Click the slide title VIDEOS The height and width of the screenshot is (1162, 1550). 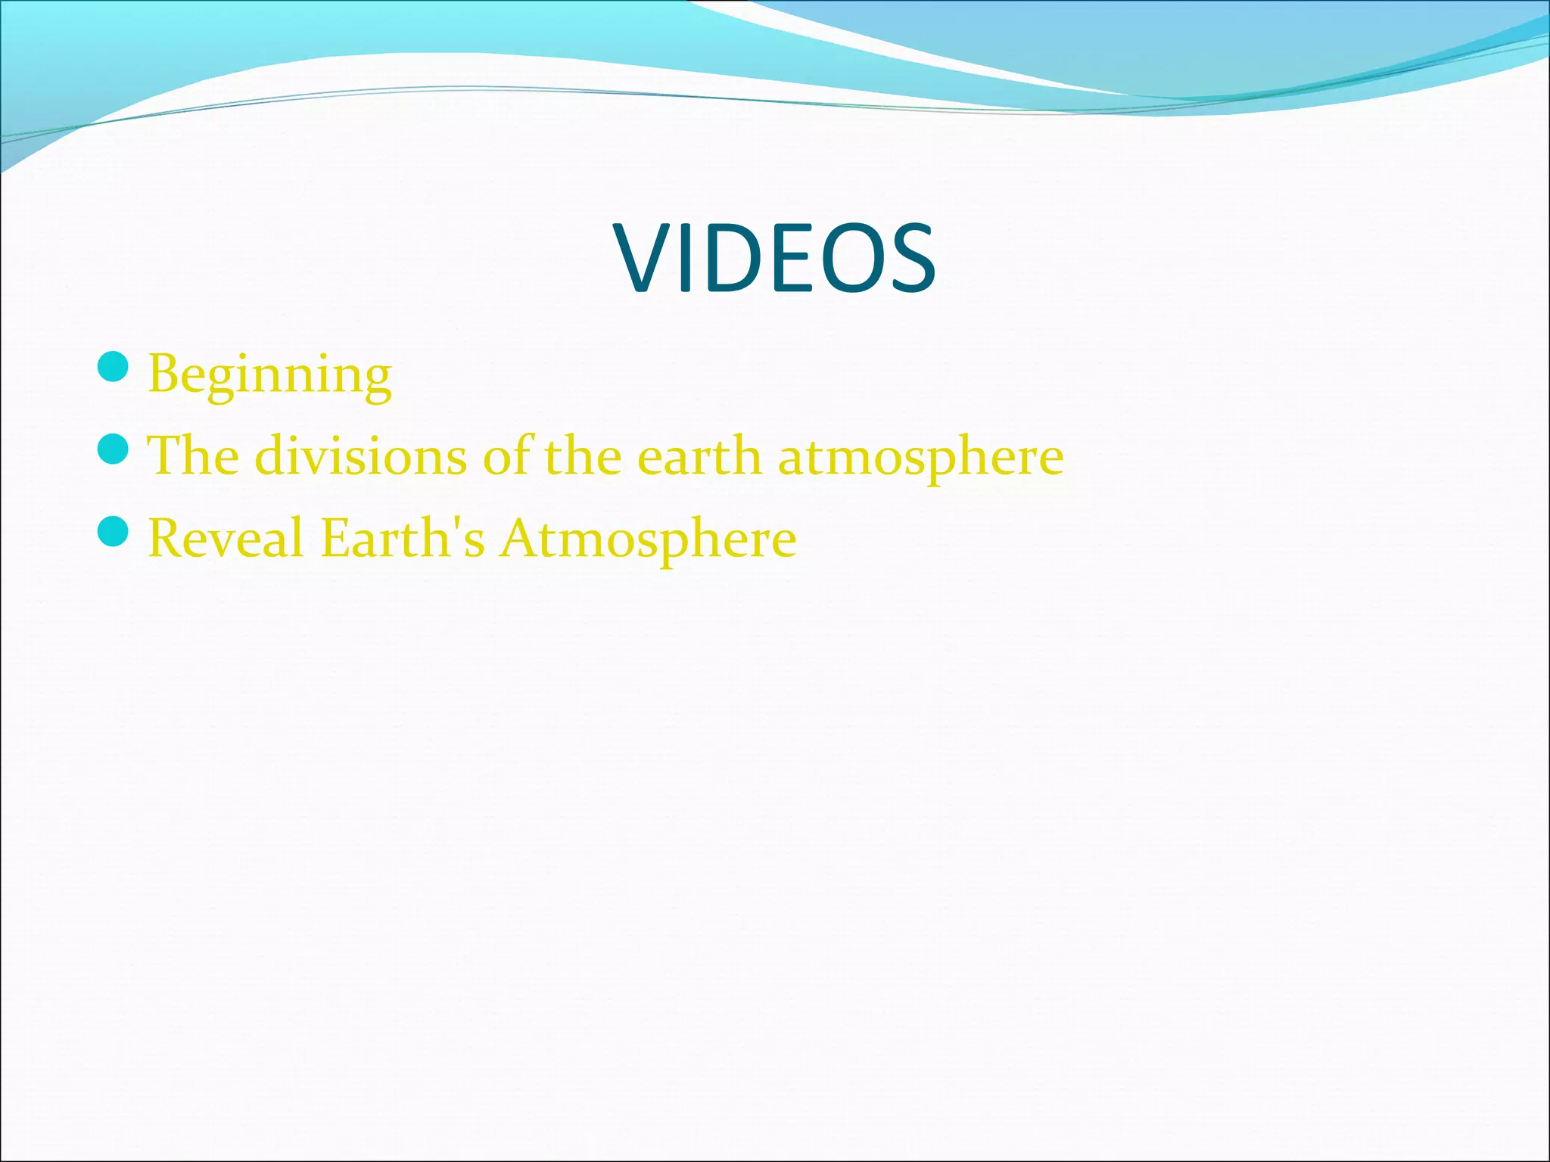(x=775, y=258)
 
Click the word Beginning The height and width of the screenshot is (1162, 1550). (x=270, y=374)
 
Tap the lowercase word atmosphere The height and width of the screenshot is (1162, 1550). (x=921, y=458)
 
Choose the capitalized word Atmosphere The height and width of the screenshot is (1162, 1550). (x=648, y=539)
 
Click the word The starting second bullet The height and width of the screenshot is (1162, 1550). (x=193, y=456)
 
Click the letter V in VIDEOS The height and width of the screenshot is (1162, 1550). (x=645, y=258)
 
